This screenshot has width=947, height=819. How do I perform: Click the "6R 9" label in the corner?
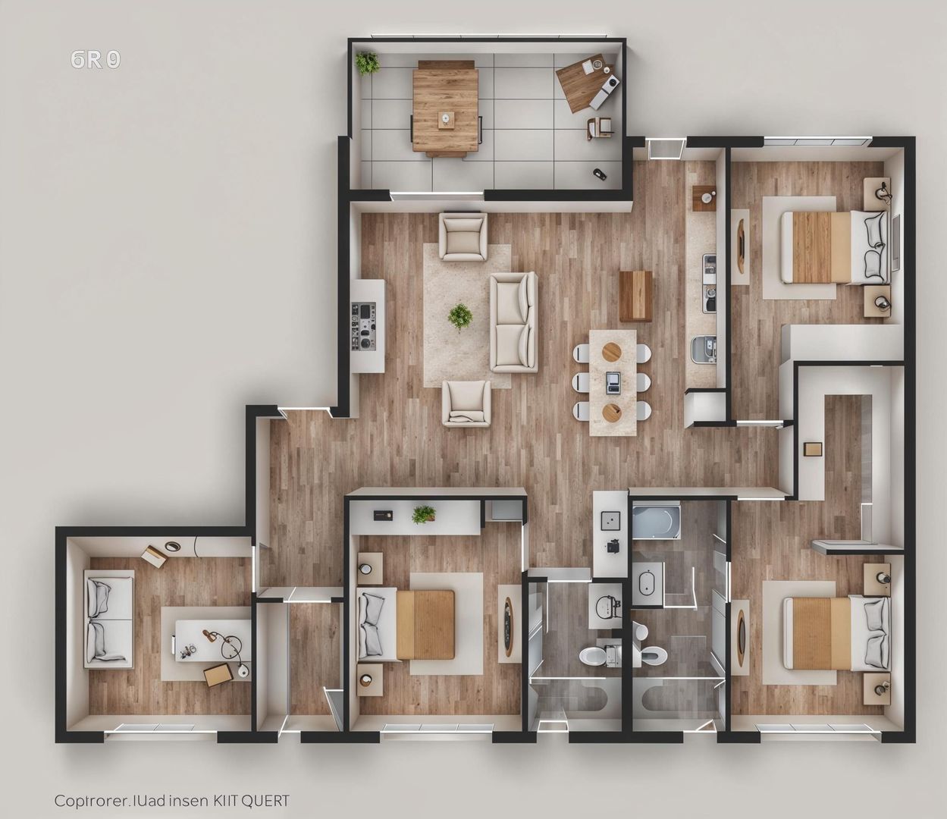click(95, 60)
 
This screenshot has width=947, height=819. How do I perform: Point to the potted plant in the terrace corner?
click(368, 62)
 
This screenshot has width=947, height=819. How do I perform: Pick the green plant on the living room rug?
click(459, 315)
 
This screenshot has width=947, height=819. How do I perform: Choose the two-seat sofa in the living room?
click(513, 322)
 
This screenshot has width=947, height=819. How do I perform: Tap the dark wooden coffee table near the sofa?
click(635, 296)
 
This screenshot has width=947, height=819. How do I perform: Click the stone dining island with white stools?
click(613, 382)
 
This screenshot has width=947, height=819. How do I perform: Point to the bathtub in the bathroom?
click(656, 522)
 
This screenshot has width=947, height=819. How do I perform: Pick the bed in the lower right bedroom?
click(835, 632)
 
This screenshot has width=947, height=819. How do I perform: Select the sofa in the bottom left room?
click(109, 619)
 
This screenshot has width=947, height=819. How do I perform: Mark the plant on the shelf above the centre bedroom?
click(424, 514)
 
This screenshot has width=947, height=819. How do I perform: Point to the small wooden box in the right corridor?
click(813, 448)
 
